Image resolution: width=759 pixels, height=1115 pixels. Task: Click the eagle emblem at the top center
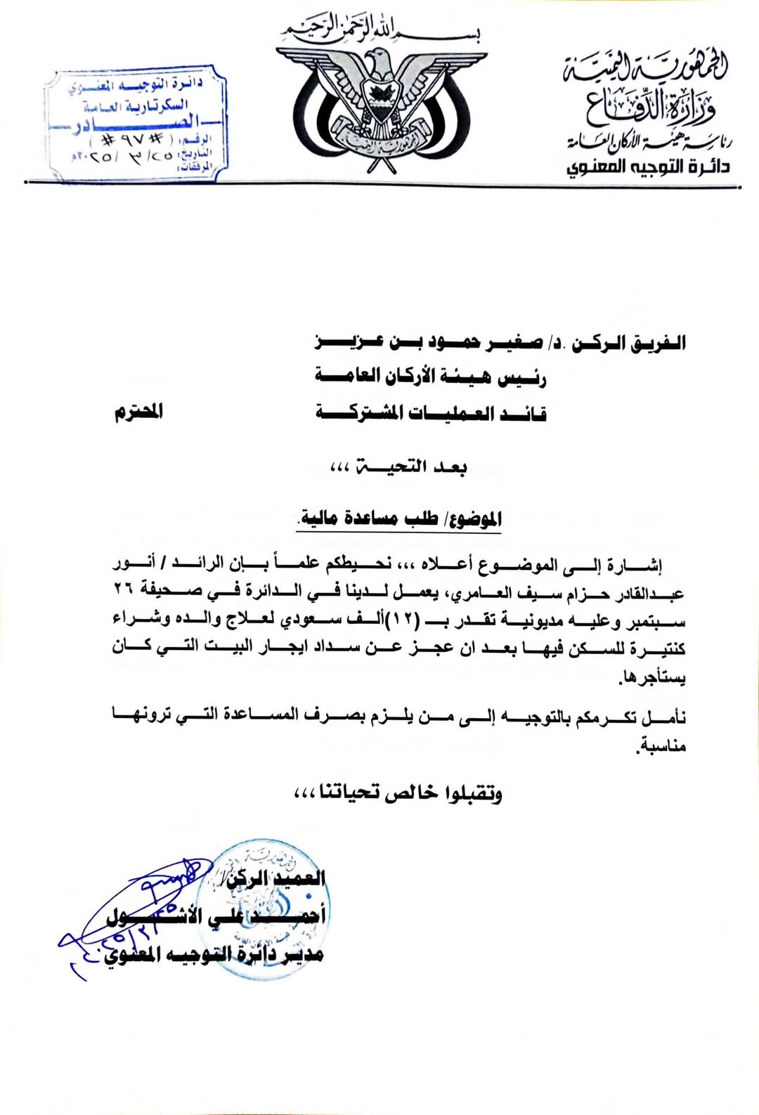(x=379, y=105)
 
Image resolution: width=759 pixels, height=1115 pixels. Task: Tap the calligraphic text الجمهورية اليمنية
(x=644, y=70)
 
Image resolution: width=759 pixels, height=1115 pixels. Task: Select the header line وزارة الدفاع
(x=650, y=107)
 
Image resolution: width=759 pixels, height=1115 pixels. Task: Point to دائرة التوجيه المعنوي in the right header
(x=648, y=167)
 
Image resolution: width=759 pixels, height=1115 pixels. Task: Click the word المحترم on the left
(x=138, y=412)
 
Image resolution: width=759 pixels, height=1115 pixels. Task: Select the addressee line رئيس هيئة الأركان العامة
(x=430, y=377)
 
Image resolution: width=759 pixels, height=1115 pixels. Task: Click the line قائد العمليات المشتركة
(x=430, y=412)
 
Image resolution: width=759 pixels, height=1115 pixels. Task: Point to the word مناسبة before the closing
(x=661, y=745)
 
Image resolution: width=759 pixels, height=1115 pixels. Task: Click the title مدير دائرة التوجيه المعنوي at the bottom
(x=214, y=954)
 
